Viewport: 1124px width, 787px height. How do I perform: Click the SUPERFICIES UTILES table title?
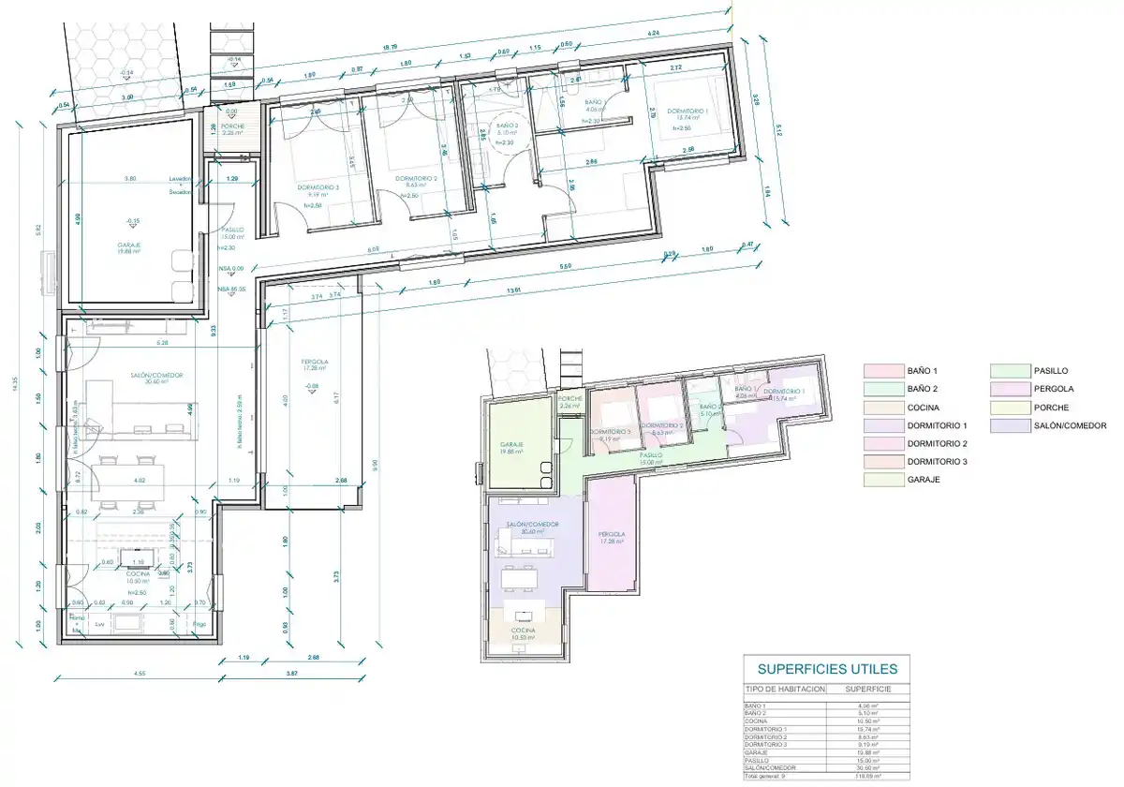(826, 669)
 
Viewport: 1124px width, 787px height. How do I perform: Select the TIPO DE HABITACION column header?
(785, 689)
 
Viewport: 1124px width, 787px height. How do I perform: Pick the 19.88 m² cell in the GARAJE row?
(867, 751)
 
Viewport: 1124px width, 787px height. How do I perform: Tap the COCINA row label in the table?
(754, 721)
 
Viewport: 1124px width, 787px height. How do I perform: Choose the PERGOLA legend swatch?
(1010, 389)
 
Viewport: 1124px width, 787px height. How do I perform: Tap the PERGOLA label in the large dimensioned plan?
(314, 362)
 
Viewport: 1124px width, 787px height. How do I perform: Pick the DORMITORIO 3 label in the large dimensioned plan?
(318, 186)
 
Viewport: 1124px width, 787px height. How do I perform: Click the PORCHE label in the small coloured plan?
(570, 398)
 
